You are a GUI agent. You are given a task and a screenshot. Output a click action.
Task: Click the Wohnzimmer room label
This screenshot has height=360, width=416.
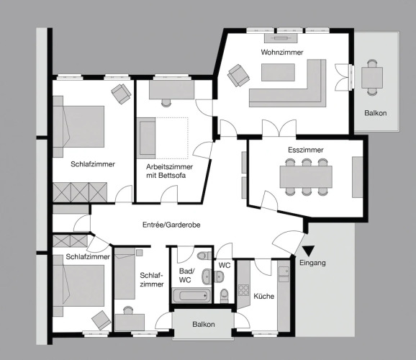tap(281, 53)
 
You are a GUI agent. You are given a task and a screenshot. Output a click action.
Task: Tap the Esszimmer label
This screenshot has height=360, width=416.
tap(306, 150)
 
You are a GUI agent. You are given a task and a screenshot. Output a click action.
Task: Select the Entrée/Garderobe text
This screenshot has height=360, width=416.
tap(171, 225)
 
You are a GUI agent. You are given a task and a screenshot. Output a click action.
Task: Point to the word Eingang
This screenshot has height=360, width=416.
tap(312, 263)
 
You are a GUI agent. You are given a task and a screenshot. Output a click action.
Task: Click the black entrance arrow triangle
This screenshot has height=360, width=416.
tap(309, 250)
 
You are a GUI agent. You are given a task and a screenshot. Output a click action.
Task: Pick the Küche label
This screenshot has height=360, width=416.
tap(263, 297)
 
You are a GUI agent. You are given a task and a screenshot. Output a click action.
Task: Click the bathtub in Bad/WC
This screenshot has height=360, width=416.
tap(191, 295)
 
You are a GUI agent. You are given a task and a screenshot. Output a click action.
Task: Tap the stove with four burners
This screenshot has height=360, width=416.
tap(243, 290)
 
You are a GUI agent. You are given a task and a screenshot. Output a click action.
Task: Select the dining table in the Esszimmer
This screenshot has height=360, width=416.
tap(306, 177)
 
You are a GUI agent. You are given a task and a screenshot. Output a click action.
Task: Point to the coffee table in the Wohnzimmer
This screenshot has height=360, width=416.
tap(278, 72)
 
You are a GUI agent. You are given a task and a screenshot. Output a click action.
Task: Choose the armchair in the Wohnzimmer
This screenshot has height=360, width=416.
tap(238, 75)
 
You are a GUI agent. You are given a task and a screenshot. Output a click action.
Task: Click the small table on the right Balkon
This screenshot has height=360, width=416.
tap(372, 78)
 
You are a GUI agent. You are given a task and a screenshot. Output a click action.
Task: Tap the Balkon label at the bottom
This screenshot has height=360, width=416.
tap(204, 325)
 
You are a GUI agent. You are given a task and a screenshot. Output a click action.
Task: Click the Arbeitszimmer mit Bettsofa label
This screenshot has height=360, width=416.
tap(169, 171)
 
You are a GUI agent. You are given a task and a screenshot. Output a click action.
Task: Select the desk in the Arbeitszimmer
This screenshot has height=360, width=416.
tap(171, 90)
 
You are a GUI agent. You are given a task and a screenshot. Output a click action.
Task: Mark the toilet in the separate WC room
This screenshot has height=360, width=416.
tap(225, 295)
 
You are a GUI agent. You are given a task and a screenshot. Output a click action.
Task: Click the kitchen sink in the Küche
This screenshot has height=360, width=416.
tap(284, 274)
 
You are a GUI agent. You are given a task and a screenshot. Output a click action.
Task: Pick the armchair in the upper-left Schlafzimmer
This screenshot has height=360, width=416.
tap(121, 94)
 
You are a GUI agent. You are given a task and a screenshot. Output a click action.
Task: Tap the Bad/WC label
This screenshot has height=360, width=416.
tap(187, 276)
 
